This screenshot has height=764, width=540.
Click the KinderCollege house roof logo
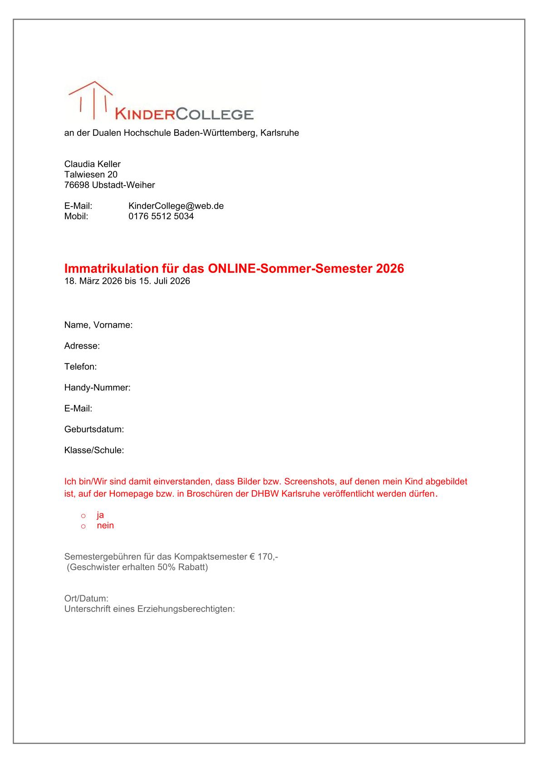click(90, 98)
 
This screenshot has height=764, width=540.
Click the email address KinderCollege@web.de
click(176, 206)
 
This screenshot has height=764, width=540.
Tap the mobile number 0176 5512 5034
click(161, 217)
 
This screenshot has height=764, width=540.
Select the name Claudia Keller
click(93, 164)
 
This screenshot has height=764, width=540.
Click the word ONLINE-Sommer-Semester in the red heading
click(290, 269)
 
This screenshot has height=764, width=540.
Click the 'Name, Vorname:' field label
click(98, 325)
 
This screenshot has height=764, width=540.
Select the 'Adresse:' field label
click(82, 346)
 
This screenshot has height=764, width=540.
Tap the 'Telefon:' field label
click(81, 367)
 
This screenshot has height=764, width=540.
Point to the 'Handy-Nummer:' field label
click(98, 388)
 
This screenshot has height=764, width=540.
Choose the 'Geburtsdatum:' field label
click(94, 429)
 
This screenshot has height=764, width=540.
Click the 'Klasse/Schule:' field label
click(94, 450)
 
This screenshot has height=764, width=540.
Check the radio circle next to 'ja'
click(83, 516)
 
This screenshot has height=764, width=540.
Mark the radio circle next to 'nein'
click(83, 527)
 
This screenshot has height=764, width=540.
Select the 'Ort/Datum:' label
click(87, 599)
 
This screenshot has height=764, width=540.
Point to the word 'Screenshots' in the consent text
click(311, 481)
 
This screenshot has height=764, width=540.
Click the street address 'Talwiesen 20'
click(91, 175)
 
